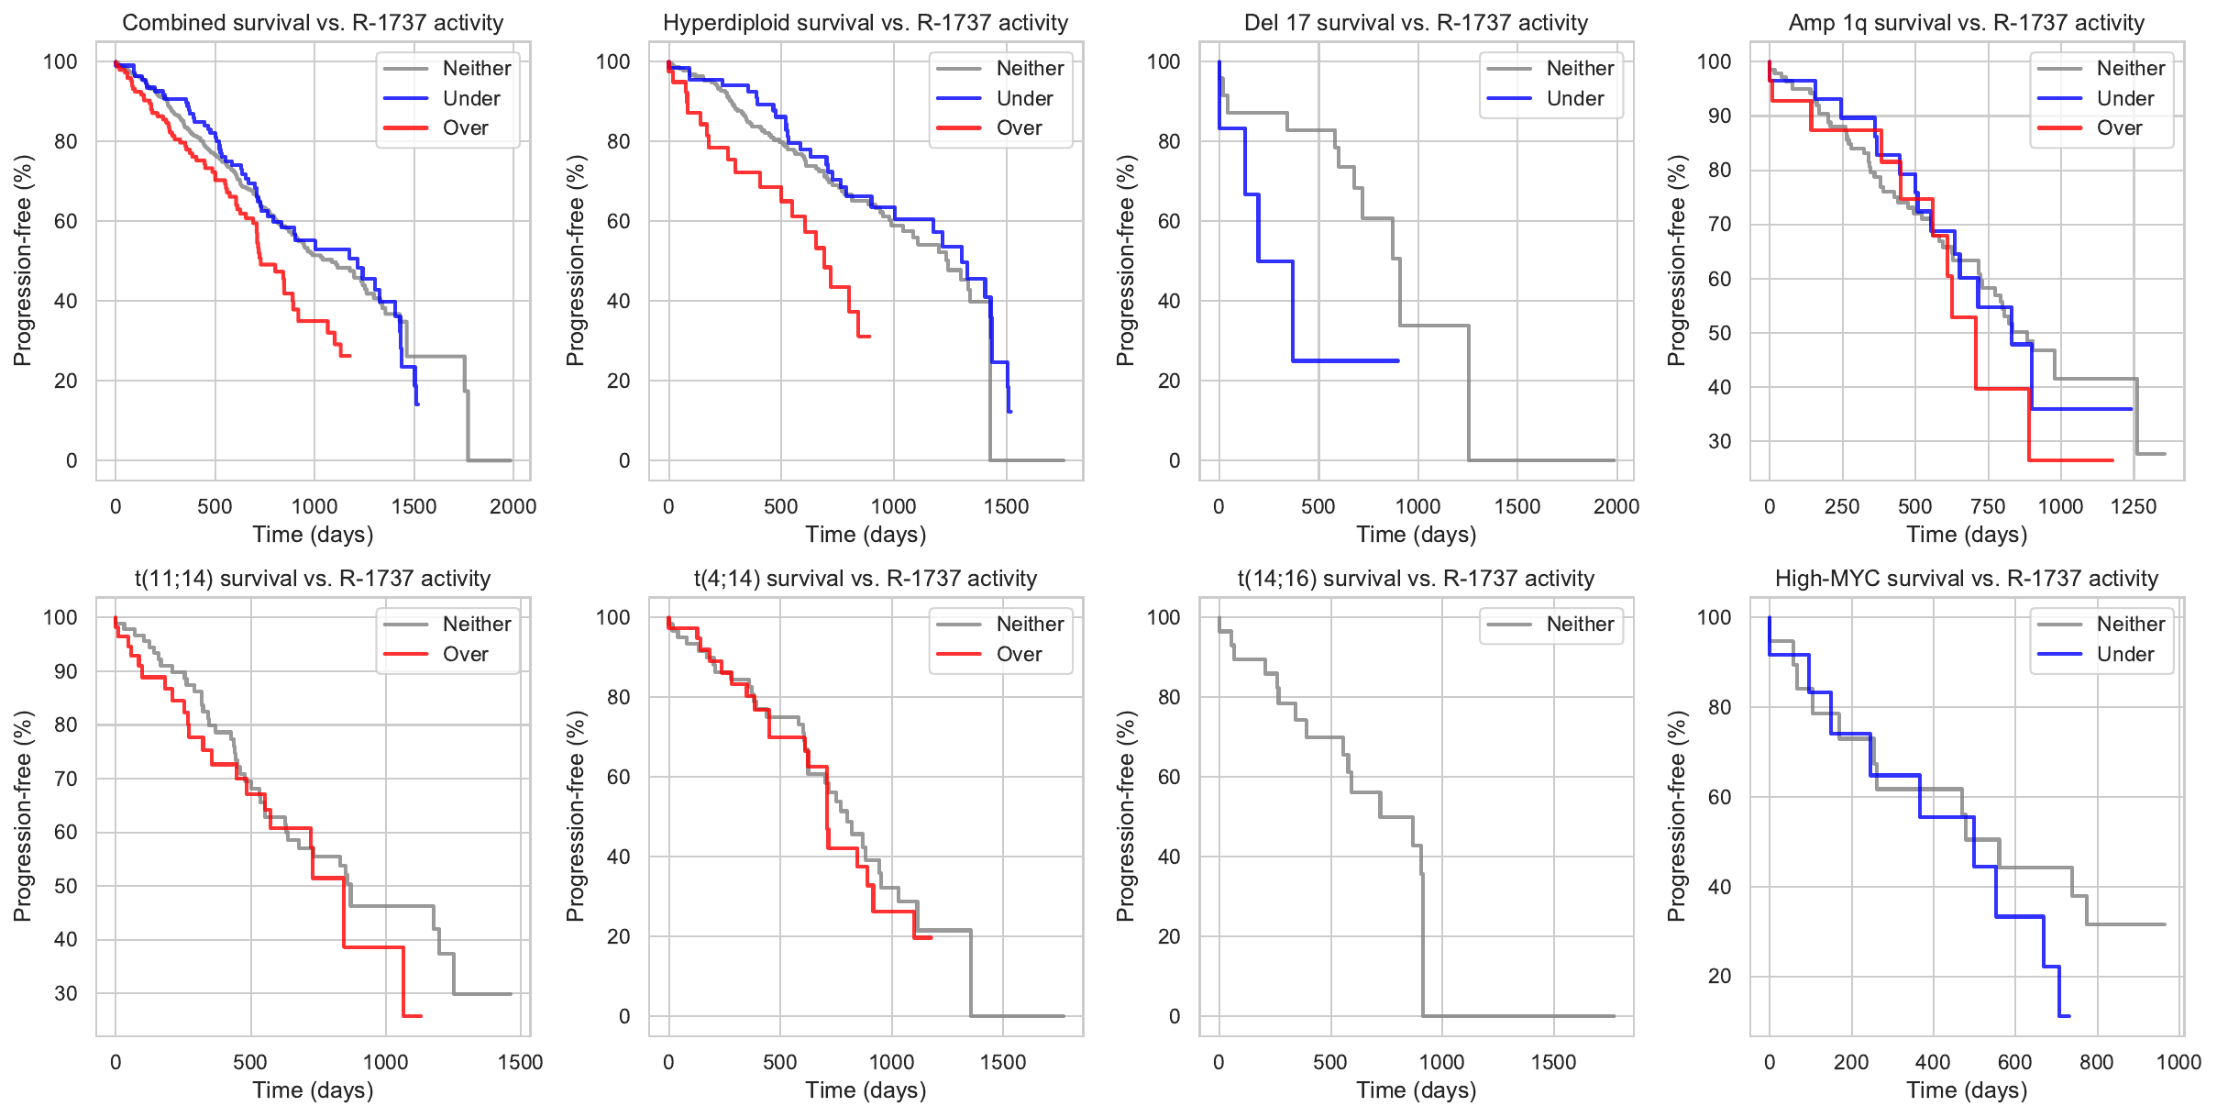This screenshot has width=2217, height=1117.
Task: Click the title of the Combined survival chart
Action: tap(313, 23)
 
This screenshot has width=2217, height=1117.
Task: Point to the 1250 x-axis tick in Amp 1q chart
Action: tap(2134, 506)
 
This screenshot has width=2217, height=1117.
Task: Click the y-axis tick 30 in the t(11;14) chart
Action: tap(66, 993)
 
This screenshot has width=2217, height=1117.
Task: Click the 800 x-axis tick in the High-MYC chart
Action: tap(2097, 1062)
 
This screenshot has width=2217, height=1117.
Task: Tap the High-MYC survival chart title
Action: tap(1967, 579)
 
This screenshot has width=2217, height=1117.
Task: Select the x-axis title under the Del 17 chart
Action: tap(1417, 535)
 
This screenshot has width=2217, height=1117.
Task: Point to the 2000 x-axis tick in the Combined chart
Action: tap(513, 506)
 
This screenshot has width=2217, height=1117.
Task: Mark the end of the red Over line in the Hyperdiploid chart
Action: tap(869, 337)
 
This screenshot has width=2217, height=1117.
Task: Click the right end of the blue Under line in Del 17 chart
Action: tap(1398, 360)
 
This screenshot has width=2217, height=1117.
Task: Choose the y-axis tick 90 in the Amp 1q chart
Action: tap(1714, 116)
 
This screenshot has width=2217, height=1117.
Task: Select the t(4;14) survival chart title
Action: tap(866, 579)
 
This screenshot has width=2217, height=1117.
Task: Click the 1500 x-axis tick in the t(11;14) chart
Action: tap(520, 1062)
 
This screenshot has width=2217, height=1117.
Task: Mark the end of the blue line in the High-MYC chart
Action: tap(2069, 1015)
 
